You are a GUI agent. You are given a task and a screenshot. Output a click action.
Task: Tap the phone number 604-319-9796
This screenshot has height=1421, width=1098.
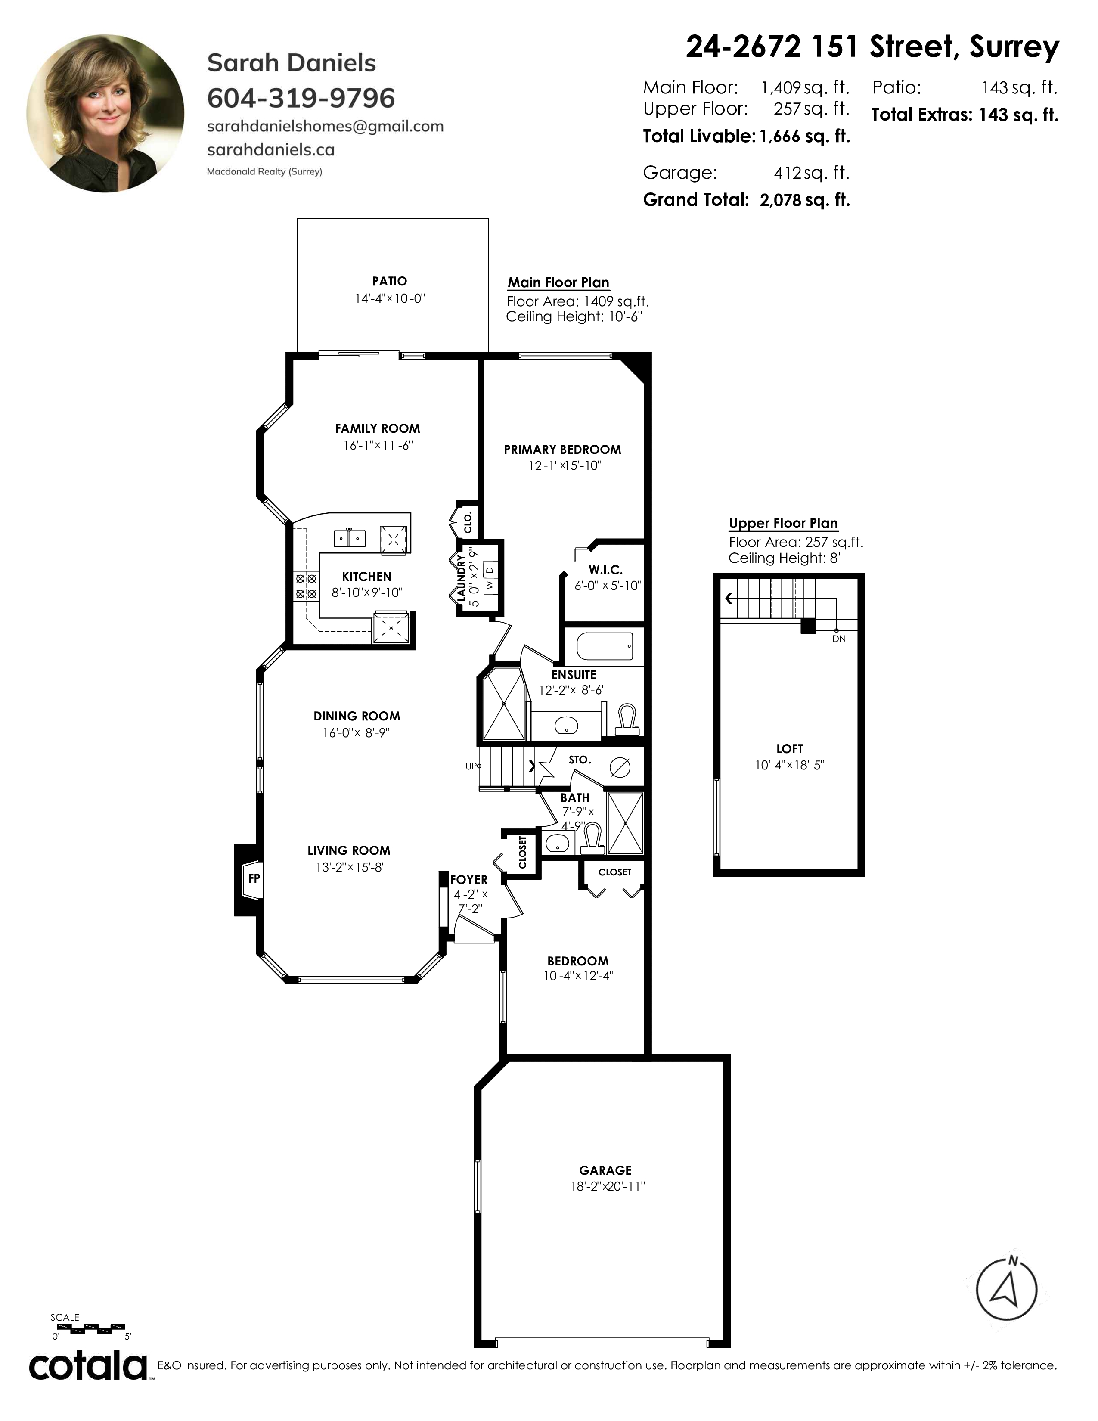(x=301, y=98)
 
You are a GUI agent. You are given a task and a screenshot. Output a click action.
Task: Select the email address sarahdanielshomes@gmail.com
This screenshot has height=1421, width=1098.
(x=325, y=127)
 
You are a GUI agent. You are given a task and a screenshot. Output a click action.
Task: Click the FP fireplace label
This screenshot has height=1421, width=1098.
(x=254, y=878)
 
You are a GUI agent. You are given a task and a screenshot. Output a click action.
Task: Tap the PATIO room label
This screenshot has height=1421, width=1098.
(x=390, y=281)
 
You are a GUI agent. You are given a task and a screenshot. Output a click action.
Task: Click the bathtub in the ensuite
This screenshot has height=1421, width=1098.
(x=605, y=646)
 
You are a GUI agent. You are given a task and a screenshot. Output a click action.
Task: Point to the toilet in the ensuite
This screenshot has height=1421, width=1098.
(x=628, y=719)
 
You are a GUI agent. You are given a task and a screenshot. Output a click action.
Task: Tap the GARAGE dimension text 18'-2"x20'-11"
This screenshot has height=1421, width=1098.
(x=608, y=1186)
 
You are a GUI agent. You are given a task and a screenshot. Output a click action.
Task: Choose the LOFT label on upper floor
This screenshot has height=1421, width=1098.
(x=790, y=749)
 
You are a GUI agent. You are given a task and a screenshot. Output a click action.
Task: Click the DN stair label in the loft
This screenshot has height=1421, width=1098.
(x=839, y=639)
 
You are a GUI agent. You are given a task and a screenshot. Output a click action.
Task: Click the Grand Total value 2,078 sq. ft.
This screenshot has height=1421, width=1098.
(x=805, y=200)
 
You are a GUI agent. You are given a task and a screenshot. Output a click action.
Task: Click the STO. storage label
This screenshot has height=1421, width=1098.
(x=580, y=760)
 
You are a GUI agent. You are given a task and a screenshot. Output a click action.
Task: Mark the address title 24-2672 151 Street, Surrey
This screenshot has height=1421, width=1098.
(x=872, y=47)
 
